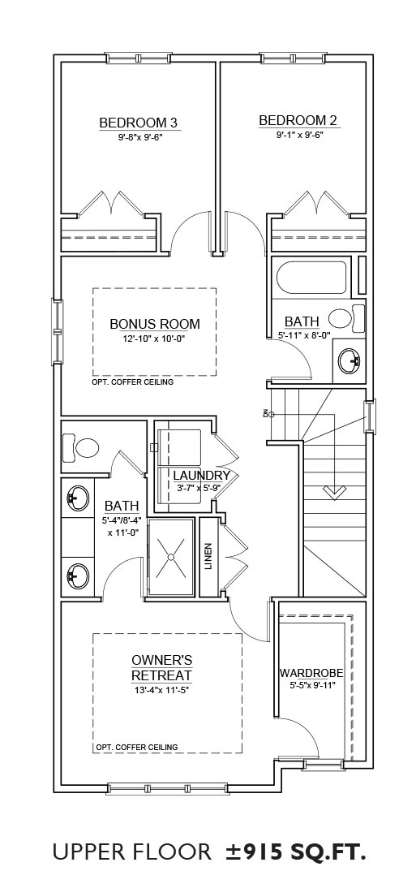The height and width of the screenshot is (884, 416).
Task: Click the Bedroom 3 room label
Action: tap(139, 123)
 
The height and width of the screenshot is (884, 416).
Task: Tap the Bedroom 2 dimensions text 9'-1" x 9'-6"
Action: tap(300, 136)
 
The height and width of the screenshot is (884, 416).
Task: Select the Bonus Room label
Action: tap(155, 324)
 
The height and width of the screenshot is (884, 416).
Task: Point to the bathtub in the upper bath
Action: tap(312, 277)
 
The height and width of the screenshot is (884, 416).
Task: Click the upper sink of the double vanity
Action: tap(78, 498)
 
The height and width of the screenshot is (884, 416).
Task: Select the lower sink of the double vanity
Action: tap(78, 575)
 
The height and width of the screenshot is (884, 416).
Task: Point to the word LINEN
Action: tap(209, 556)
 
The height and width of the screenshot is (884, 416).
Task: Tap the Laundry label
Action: tap(202, 475)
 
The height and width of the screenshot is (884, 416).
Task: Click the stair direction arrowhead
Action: tap(333, 493)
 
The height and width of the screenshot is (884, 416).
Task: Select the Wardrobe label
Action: tap(311, 673)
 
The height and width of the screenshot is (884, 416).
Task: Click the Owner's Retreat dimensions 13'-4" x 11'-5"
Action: tap(162, 689)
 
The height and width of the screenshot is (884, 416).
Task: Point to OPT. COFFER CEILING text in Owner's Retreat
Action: tap(137, 747)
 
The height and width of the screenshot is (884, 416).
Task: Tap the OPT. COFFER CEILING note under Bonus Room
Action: tap(132, 382)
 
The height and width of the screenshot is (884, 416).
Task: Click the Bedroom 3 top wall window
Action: tap(139, 58)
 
